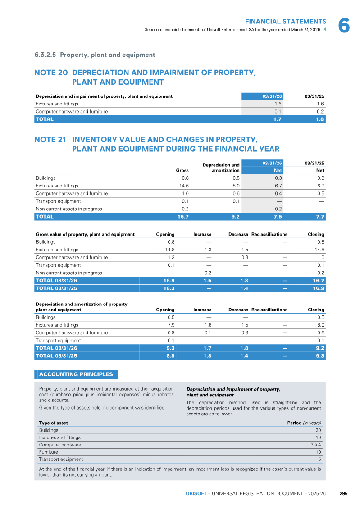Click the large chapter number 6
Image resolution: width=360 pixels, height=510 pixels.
pos(344,25)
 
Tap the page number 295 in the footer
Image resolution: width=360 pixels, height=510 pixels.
pos(343,493)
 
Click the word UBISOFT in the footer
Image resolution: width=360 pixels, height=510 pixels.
pos(196,493)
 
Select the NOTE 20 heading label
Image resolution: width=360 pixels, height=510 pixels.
pos(51,73)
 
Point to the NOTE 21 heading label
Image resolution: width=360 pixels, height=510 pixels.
pos(50,140)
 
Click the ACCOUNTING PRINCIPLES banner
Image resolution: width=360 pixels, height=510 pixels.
pos(76,374)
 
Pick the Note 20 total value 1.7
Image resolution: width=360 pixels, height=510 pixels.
pos(278,119)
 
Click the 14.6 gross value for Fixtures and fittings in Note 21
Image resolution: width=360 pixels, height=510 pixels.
pos(184,186)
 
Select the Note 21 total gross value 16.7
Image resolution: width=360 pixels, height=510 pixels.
pos(183,217)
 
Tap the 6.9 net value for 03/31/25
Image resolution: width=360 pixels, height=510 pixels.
pos(320,186)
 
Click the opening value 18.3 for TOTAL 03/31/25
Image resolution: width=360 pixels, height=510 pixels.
pos(169,288)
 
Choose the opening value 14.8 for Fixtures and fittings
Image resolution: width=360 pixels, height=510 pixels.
pos(170,250)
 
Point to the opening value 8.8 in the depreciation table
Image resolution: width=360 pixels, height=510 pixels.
pos(170,356)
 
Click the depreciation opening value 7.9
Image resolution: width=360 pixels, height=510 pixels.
pos(171,325)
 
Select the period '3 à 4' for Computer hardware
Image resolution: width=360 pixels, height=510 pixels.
pos(316,445)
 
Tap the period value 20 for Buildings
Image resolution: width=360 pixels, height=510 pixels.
pos(319,430)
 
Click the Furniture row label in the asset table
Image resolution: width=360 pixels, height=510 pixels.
pos(49,452)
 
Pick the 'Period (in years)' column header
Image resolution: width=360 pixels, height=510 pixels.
pos(305,423)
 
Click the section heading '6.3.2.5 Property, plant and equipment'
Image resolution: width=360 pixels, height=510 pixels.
pos(95,55)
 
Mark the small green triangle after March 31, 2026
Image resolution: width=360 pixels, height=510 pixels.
pos(324,30)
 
